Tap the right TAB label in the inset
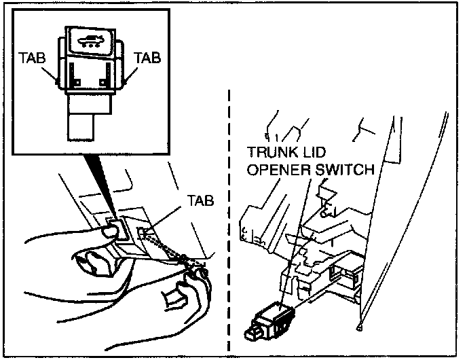click(148, 58)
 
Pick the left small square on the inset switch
click(76, 82)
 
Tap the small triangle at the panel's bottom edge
click(358, 329)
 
